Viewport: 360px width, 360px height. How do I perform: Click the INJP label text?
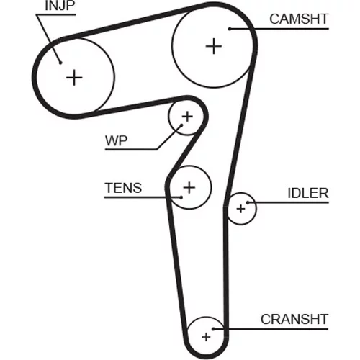click(60, 6)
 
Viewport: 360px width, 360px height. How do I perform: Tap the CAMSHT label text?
click(299, 19)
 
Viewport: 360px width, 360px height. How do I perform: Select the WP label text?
click(116, 140)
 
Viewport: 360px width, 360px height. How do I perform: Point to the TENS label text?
click(123, 188)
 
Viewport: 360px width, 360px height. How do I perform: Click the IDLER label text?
click(308, 193)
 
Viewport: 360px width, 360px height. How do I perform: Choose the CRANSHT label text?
click(294, 319)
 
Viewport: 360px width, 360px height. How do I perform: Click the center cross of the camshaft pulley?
click(214, 46)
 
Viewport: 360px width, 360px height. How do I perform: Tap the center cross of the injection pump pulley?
click(74, 78)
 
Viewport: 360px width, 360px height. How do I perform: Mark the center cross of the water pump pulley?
click(187, 117)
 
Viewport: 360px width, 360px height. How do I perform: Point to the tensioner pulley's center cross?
click(189, 187)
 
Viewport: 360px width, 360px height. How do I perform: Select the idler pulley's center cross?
click(240, 209)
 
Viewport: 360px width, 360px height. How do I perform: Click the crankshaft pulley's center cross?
click(206, 337)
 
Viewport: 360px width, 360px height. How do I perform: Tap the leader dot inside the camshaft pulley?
click(230, 29)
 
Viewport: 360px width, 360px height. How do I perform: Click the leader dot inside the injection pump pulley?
click(60, 63)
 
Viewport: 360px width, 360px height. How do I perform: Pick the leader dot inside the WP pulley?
click(181, 125)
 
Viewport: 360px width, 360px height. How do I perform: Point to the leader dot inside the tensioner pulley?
click(181, 197)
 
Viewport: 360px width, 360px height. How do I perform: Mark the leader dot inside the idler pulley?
click(248, 203)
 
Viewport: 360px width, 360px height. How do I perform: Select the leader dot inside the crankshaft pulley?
click(213, 329)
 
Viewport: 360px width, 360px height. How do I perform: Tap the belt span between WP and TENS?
click(185, 150)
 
